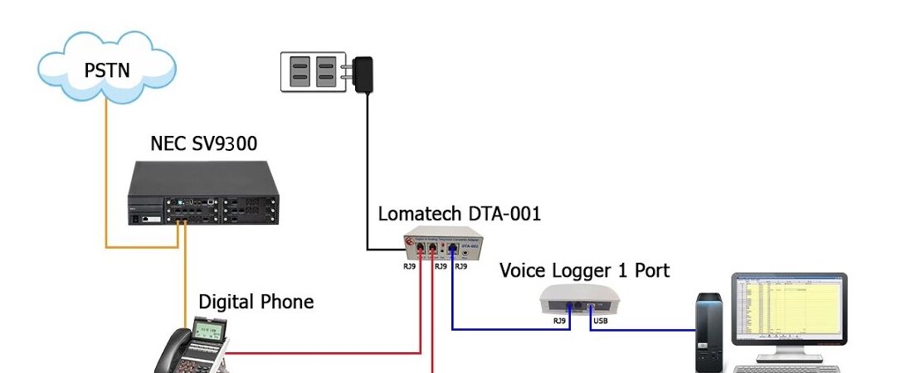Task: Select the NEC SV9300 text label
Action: pos(203,143)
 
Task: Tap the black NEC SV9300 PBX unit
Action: pos(203,195)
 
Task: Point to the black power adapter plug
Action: pos(362,74)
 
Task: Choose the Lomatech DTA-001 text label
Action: pos(459,213)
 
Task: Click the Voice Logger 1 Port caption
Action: pos(584,270)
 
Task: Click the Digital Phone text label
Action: pos(256,302)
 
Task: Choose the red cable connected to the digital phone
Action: pos(332,353)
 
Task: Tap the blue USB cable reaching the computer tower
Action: pos(647,330)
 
